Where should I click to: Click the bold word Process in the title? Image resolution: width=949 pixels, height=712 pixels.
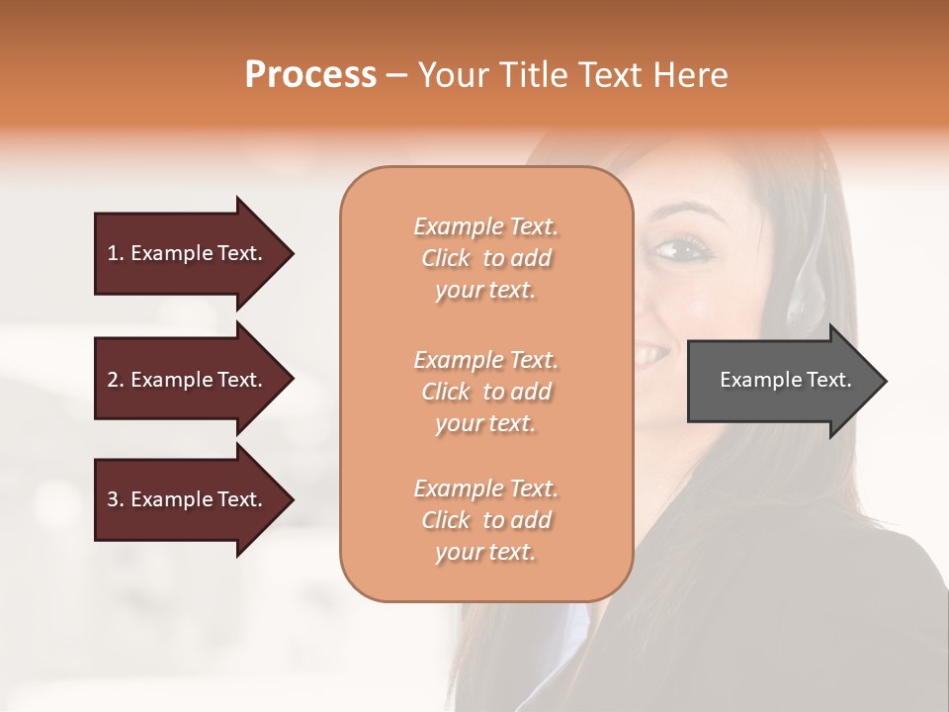click(310, 75)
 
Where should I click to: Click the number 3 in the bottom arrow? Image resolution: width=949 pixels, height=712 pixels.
click(113, 499)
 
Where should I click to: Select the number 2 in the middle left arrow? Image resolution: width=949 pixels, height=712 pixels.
click(113, 380)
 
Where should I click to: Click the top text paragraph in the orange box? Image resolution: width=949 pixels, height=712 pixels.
click(485, 258)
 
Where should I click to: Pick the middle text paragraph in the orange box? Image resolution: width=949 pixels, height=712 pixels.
click(485, 392)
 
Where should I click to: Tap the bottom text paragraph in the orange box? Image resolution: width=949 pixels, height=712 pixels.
click(485, 520)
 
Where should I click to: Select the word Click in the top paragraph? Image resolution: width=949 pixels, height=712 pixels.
click(446, 258)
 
